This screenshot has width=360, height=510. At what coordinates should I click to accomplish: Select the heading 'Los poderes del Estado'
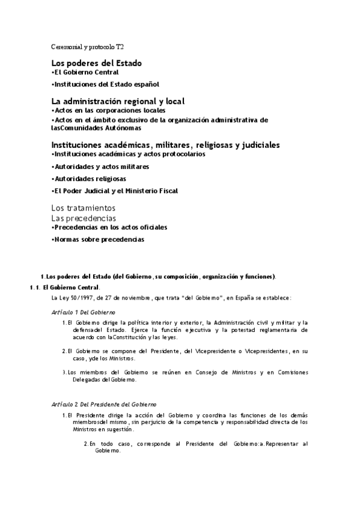(x=97, y=63)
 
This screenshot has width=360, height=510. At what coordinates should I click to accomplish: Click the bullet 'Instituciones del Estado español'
(x=105, y=84)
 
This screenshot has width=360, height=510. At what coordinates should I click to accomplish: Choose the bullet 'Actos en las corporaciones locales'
(x=108, y=111)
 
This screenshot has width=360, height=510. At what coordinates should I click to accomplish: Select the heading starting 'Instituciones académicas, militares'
(x=165, y=145)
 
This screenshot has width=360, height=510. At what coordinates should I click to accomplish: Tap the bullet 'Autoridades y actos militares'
(x=100, y=167)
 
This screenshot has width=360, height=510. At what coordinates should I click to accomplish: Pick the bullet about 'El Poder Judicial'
(x=115, y=191)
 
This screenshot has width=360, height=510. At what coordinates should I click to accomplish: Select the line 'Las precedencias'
(x=84, y=218)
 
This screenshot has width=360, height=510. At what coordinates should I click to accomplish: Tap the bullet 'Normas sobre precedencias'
(x=98, y=239)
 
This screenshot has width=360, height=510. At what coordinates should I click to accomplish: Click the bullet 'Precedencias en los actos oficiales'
(x=109, y=227)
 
